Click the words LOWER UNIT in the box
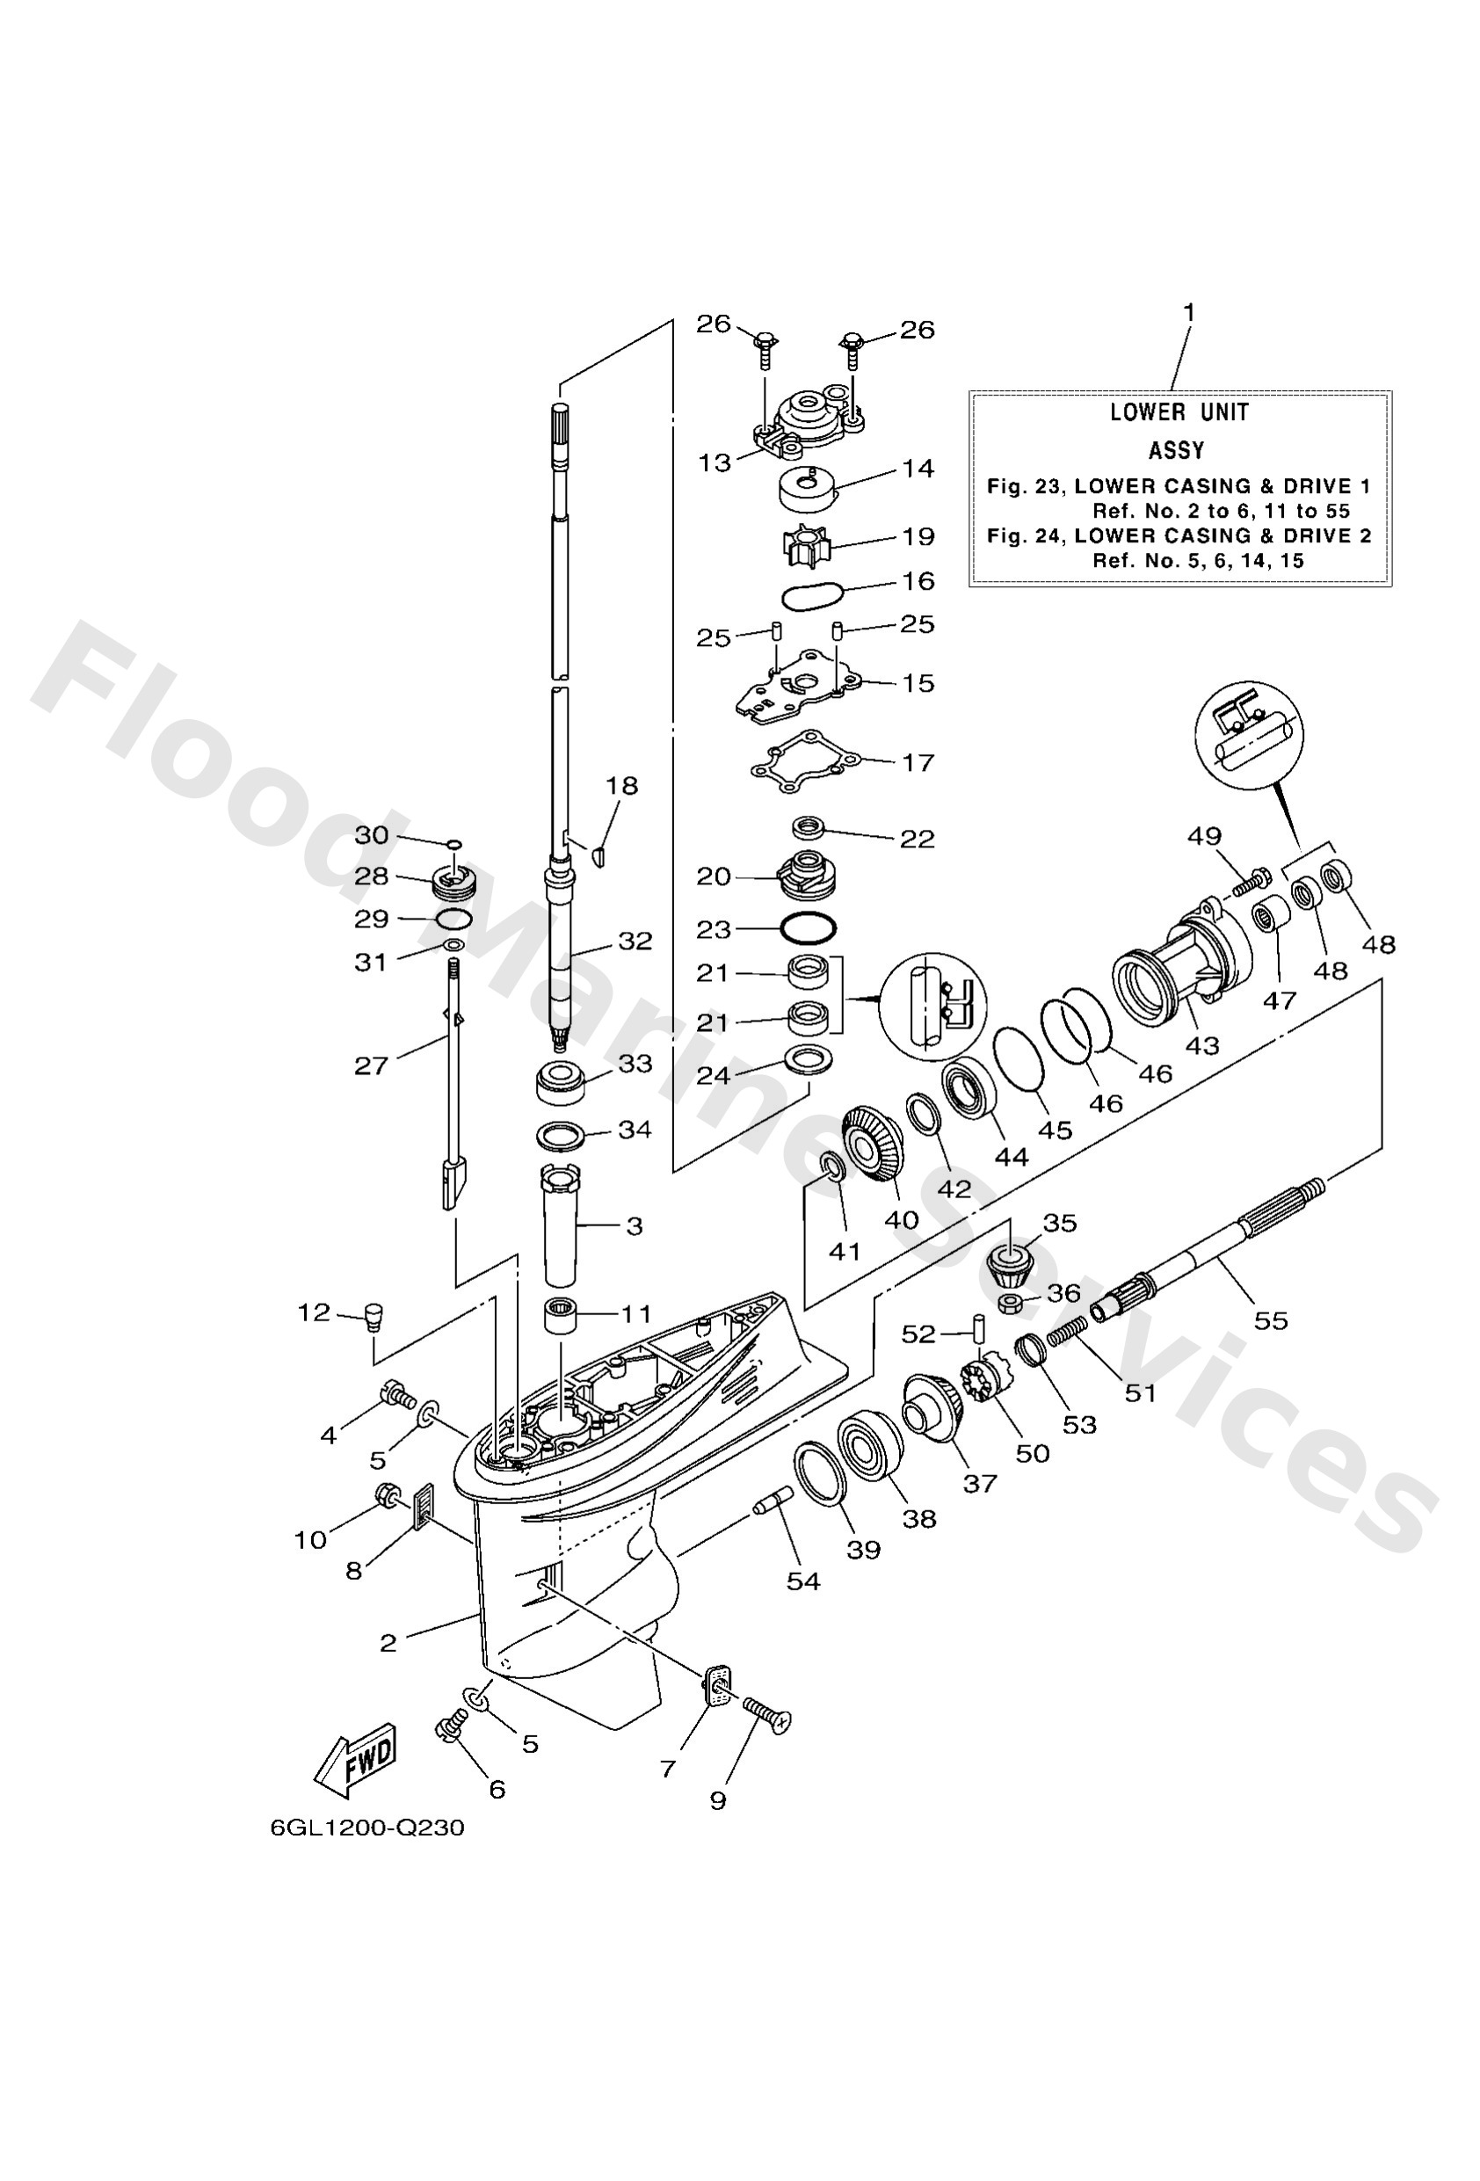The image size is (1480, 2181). [x=1179, y=412]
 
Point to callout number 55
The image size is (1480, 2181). [x=1271, y=1320]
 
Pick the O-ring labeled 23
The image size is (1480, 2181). [x=807, y=928]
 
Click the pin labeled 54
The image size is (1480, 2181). [x=775, y=1500]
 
